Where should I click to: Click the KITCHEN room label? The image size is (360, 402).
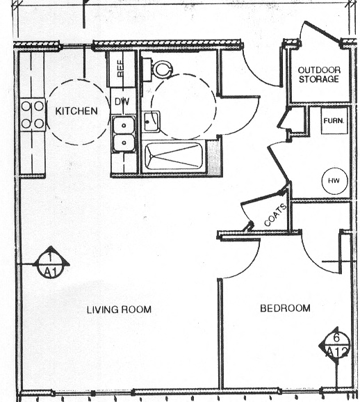click(x=76, y=111)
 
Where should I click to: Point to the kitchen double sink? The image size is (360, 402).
click(x=124, y=135)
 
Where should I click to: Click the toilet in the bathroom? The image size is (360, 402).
click(x=161, y=68)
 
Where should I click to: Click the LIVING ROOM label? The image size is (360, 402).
click(x=119, y=309)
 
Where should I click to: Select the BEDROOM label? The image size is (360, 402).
click(x=285, y=308)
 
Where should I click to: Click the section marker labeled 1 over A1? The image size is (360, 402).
click(x=50, y=264)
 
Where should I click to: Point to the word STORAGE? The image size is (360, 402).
click(x=318, y=79)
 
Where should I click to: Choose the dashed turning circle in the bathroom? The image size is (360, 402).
click(x=182, y=108)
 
